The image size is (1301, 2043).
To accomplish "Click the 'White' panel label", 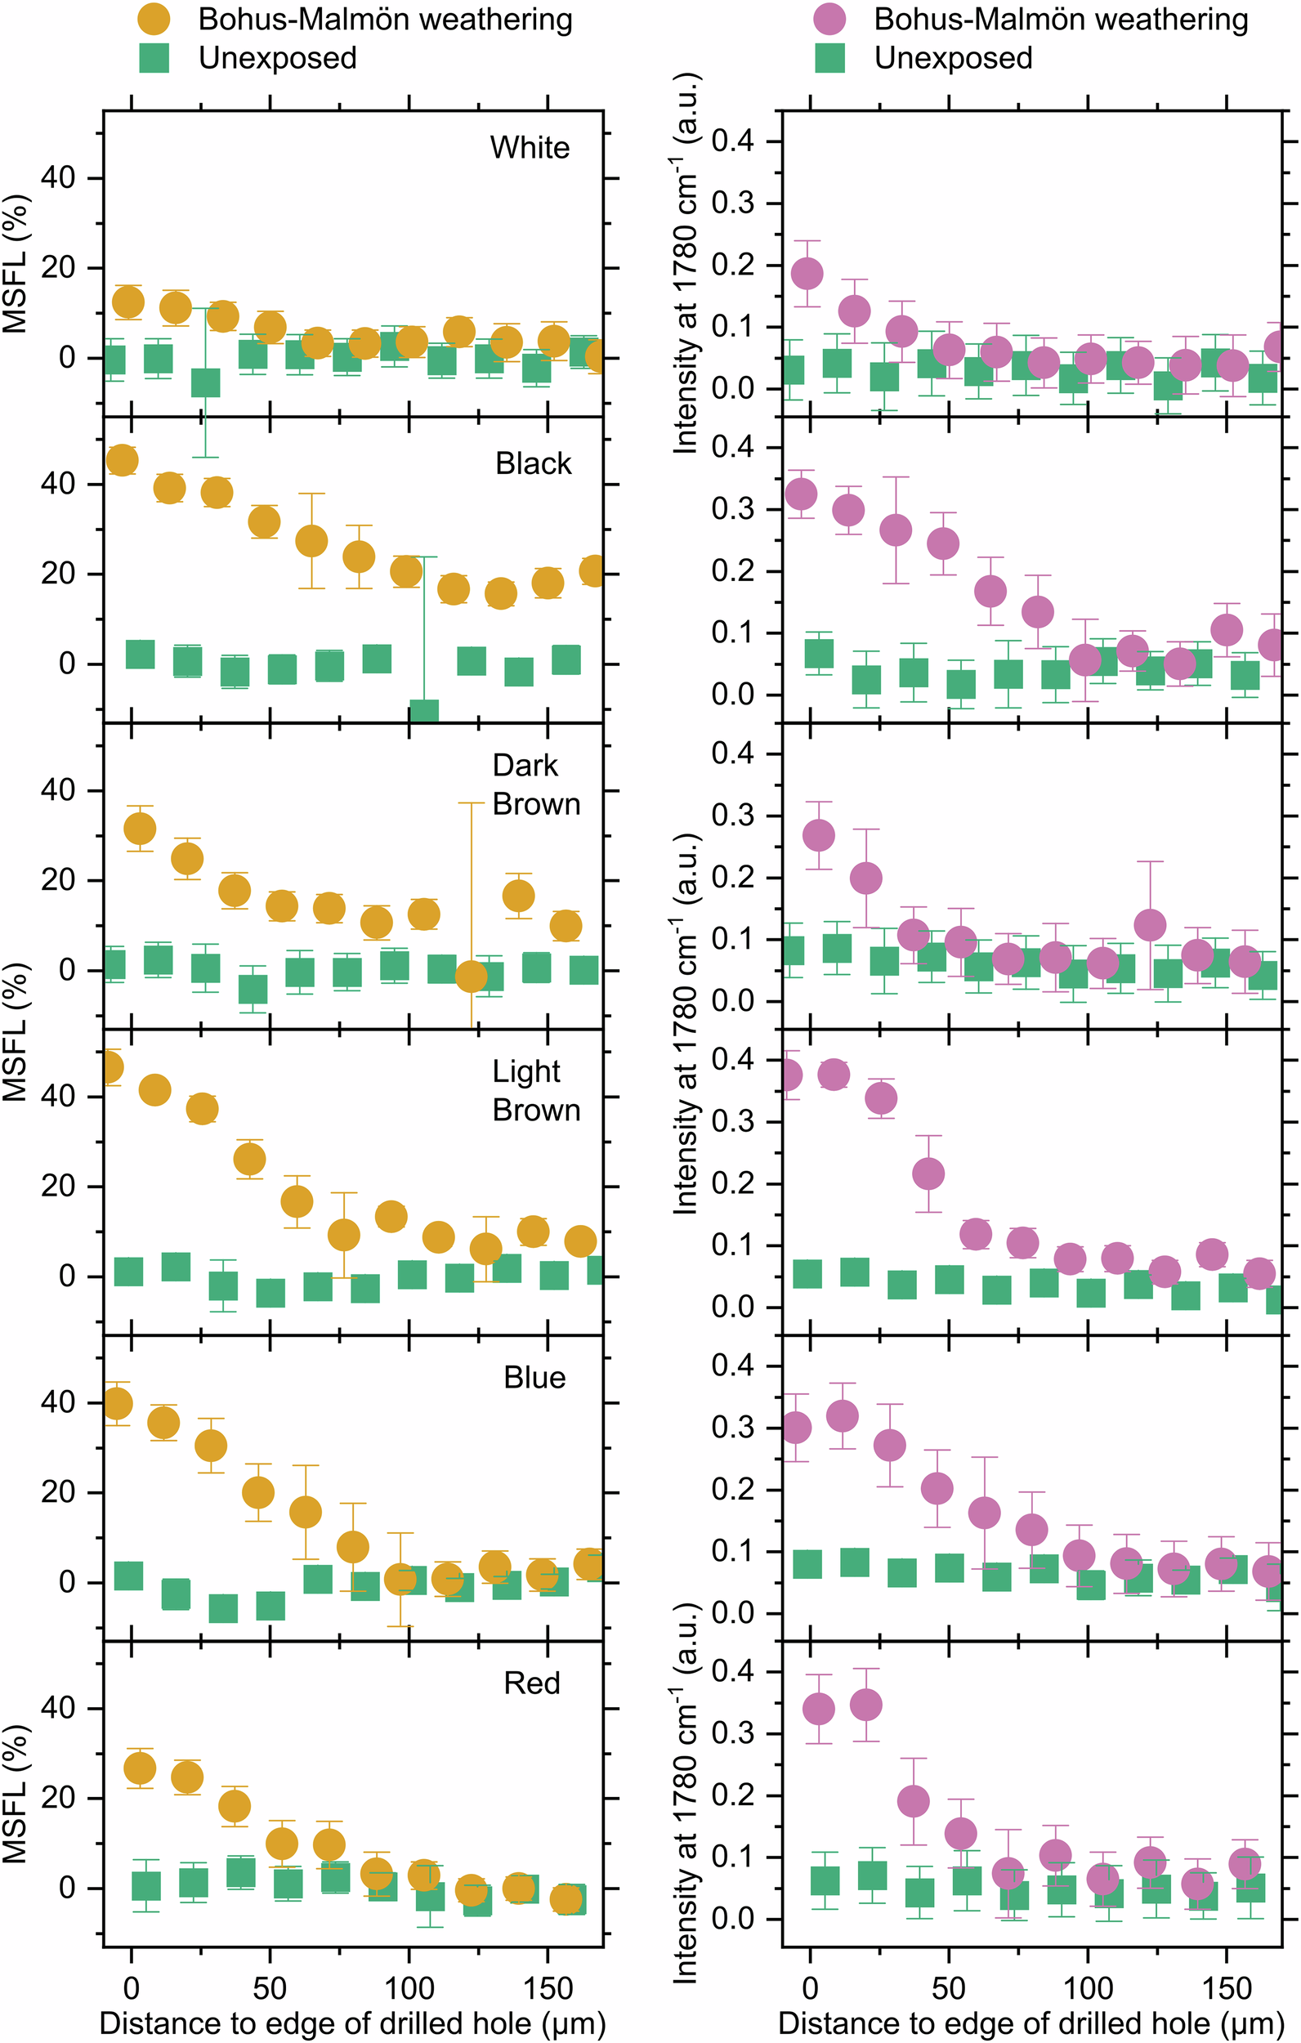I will (x=530, y=148).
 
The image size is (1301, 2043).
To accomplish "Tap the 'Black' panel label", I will (x=533, y=463).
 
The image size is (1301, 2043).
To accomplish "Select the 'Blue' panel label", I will (x=534, y=1377).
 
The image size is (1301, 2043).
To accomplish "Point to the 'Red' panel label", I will (x=532, y=1683).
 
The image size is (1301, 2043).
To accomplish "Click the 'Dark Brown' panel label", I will (x=535, y=785).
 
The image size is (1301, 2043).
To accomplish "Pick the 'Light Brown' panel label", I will (x=535, y=1090).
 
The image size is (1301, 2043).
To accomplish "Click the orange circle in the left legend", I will (x=154, y=20).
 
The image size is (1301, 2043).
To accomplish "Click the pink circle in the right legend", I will (x=829, y=20).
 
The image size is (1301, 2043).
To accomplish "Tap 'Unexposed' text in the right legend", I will (x=953, y=59).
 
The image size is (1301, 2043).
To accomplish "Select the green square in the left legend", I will (x=154, y=58).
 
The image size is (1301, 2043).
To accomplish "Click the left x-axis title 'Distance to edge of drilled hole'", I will (x=352, y=2023).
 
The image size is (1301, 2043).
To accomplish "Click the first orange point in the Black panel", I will (x=123, y=461).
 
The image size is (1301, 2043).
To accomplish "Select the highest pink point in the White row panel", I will (x=807, y=273).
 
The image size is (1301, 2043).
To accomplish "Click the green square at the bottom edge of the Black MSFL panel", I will (x=423, y=713).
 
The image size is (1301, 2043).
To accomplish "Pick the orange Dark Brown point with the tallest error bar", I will (x=471, y=977).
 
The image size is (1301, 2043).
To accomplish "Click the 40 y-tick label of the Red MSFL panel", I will (x=58, y=1708).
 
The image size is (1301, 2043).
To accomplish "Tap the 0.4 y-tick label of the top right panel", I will (x=732, y=141).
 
